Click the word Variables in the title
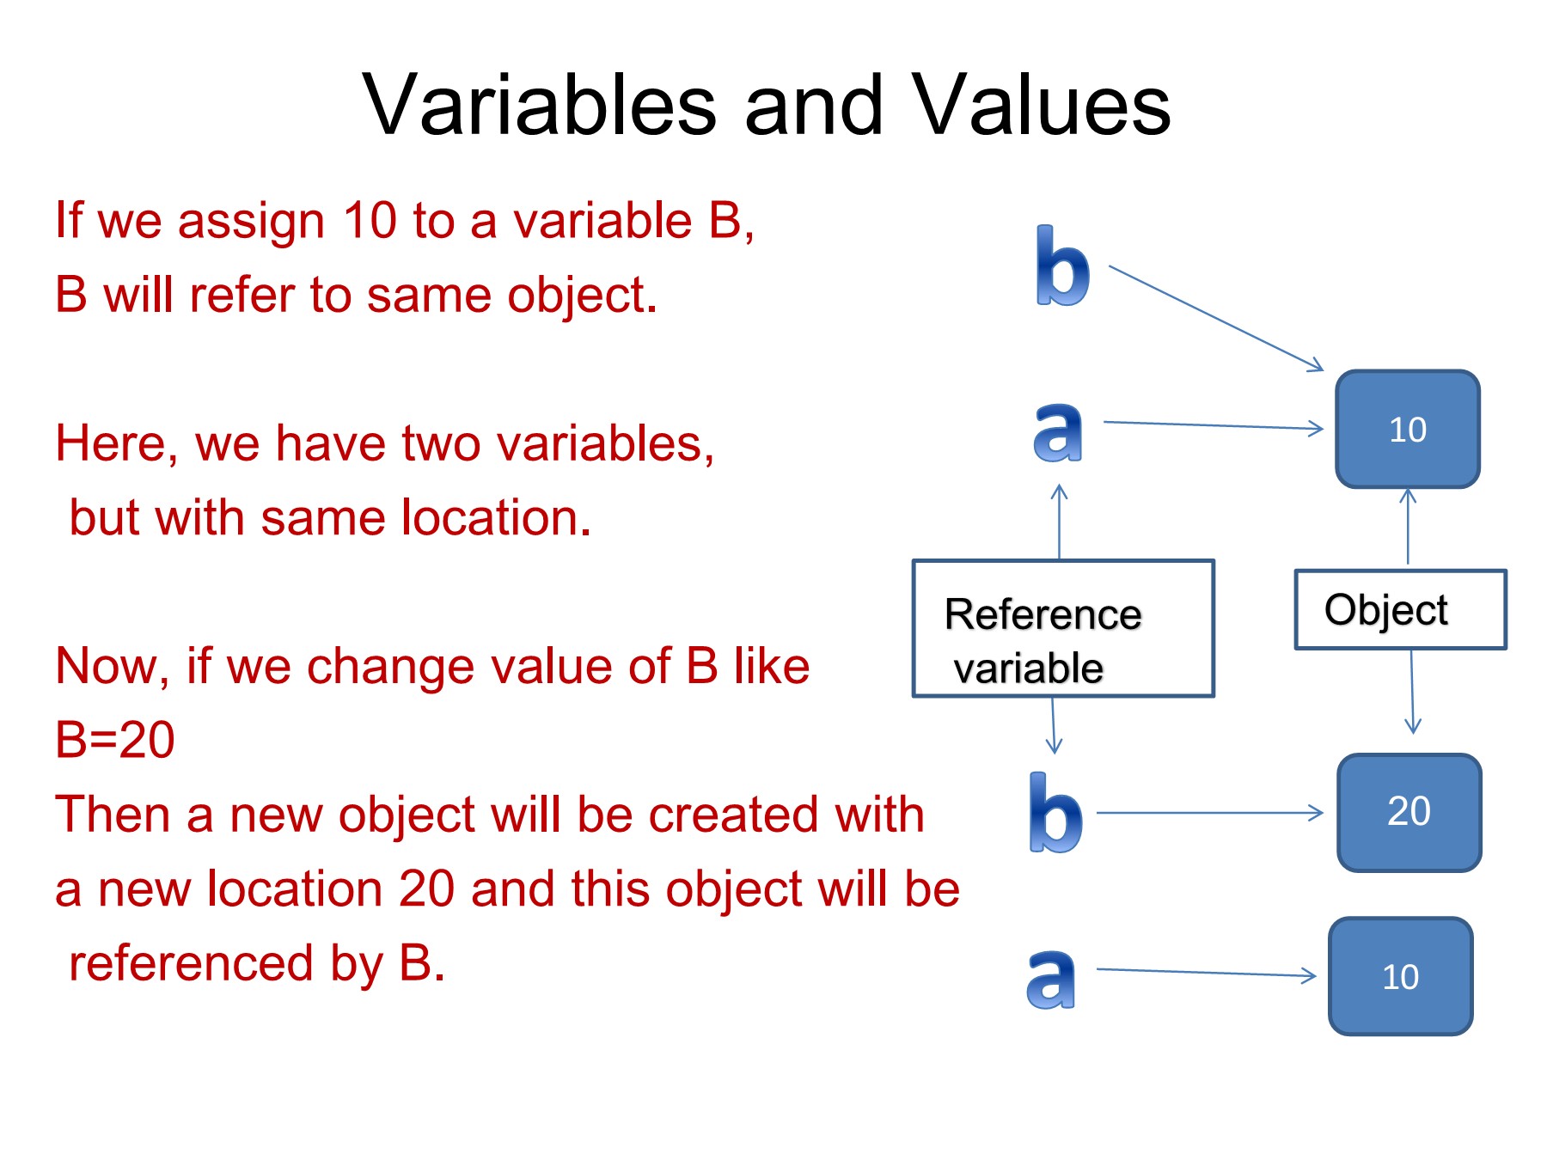coord(540,105)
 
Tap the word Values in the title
coord(1041,105)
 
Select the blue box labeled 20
coord(1409,812)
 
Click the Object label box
coord(1401,609)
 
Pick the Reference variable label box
coord(1063,628)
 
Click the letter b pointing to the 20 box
coord(1055,812)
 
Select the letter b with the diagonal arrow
coord(1062,266)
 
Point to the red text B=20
coord(114,740)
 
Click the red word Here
coord(117,445)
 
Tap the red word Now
coord(112,668)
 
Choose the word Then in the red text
coord(113,815)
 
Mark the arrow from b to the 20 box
coord(1210,812)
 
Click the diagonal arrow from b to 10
coord(1216,318)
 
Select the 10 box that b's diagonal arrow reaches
coord(1408,429)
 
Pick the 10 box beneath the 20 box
coord(1401,976)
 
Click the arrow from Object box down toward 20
coord(1412,692)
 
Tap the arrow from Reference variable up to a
coord(1060,522)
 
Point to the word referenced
coord(191,963)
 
